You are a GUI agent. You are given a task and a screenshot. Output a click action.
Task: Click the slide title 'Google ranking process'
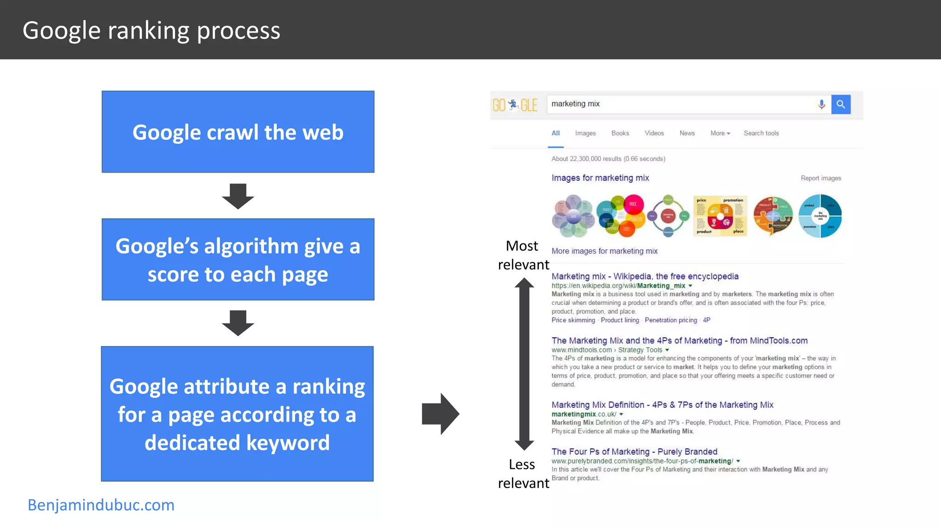151,30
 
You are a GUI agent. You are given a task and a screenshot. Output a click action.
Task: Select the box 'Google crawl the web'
238,132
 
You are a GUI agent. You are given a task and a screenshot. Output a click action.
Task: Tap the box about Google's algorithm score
238,259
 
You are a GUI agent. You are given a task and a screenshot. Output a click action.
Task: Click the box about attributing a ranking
237,414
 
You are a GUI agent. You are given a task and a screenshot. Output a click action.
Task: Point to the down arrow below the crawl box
238,196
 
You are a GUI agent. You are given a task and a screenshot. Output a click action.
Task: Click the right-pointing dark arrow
440,414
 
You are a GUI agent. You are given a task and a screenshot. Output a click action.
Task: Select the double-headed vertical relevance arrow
524,364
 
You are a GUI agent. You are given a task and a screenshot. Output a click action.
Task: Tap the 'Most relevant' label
523,255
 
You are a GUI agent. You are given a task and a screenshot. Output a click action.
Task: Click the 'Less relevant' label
523,473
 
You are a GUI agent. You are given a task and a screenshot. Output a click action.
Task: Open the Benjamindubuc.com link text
101,505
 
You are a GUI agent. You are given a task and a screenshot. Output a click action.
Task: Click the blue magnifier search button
840,104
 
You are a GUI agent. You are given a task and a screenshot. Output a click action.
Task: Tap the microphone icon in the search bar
822,104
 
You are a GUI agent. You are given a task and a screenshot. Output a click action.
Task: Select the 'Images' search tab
585,133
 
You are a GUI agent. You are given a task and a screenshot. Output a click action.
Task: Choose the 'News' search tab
687,133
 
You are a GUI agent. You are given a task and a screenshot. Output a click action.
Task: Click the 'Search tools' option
761,133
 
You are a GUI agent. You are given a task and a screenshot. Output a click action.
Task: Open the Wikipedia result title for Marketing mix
645,276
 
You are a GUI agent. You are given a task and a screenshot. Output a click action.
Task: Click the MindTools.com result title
679,340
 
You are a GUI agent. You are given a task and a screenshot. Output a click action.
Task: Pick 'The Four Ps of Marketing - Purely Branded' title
634,451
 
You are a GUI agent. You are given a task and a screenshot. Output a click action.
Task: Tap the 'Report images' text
821,178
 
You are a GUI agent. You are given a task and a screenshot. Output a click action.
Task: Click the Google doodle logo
515,105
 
